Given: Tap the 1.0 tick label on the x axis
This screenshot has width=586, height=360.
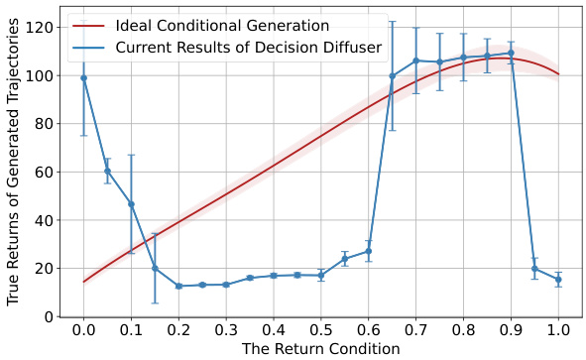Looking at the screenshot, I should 558,329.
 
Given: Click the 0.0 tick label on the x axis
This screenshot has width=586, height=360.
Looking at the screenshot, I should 83,329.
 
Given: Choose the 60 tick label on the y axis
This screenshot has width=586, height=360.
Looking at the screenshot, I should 44,172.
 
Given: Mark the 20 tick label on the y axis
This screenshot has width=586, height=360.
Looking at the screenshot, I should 44,269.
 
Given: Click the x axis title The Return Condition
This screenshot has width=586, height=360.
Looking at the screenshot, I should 321,349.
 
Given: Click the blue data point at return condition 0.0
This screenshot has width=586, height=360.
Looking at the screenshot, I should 83,77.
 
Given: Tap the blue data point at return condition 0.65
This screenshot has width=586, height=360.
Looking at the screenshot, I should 392,75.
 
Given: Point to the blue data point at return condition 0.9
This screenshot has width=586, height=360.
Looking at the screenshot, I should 511,54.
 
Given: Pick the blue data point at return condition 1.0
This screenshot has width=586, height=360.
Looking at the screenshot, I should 558,280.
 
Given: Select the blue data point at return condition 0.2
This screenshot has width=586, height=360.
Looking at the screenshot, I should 178,286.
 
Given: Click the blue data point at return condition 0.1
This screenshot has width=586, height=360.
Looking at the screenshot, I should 131,204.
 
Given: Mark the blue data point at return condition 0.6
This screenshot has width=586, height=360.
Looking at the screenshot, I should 368,251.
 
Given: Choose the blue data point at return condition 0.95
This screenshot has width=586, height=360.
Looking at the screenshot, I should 534,269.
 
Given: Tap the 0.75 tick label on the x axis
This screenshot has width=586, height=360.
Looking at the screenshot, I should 439,329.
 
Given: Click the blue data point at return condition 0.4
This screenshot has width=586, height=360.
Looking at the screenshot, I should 274,276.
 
